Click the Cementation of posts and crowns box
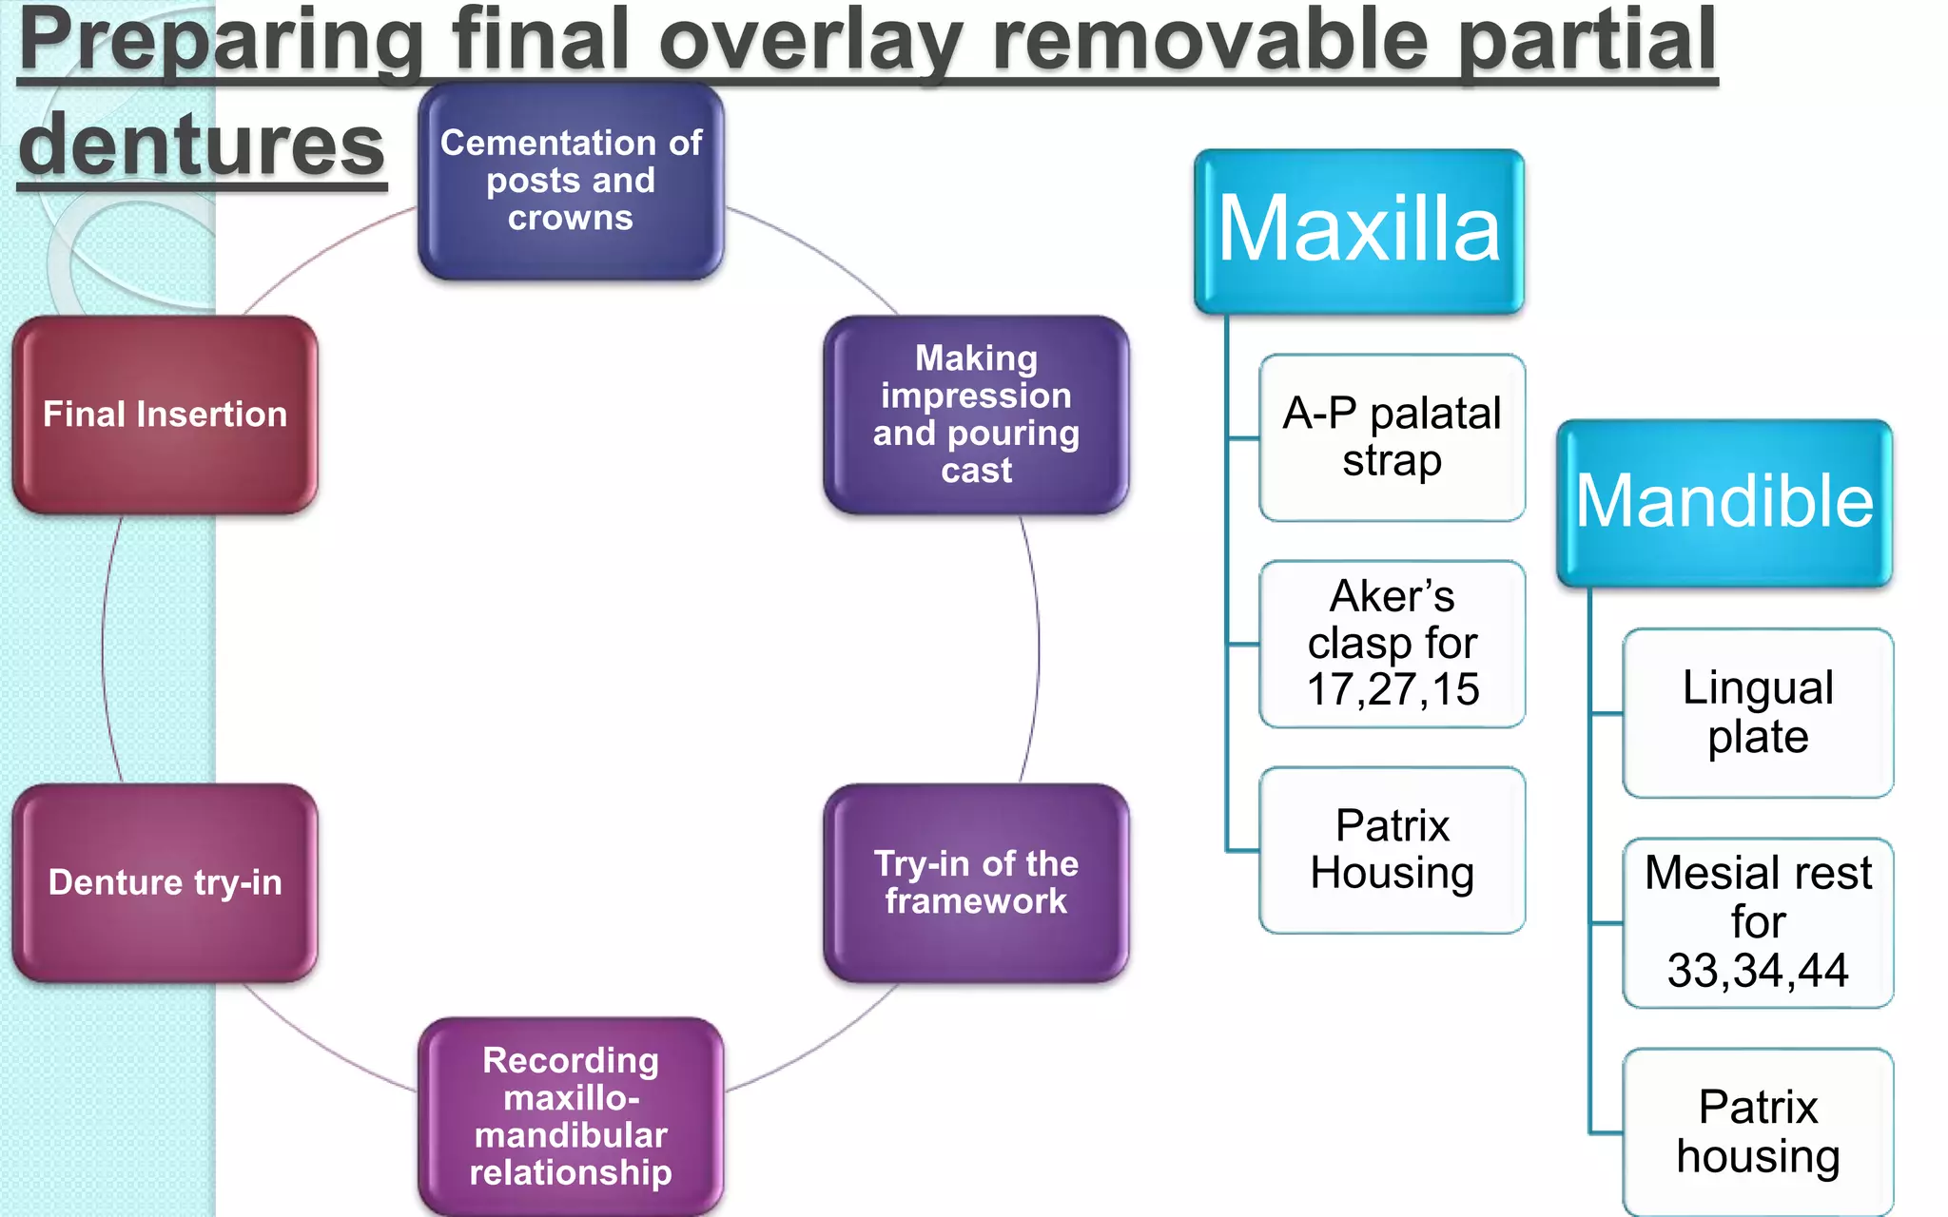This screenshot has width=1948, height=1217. pyautogui.click(x=571, y=181)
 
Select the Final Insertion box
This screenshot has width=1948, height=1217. pyautogui.click(x=166, y=415)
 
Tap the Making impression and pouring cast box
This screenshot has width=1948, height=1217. pyautogui.click(x=976, y=415)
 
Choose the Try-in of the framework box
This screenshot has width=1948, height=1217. pyautogui.click(x=976, y=882)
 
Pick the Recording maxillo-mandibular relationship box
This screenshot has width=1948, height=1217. pyautogui.click(x=571, y=1116)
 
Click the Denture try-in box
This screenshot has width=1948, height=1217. pyautogui.click(x=166, y=882)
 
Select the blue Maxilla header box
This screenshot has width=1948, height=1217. pyautogui.click(x=1358, y=230)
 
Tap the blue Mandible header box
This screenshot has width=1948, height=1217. pyautogui.click(x=1724, y=502)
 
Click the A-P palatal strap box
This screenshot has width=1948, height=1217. pyautogui.click(x=1392, y=437)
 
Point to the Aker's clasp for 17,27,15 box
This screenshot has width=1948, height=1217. pyautogui.click(x=1392, y=644)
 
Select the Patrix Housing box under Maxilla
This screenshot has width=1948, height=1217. pyautogui.click(x=1392, y=849)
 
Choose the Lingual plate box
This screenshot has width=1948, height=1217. pyautogui.click(x=1758, y=712)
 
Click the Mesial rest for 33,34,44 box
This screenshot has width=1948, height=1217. pyautogui.click(x=1758, y=922)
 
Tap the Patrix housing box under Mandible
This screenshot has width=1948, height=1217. pyautogui.click(x=1758, y=1131)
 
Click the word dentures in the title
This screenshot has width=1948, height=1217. pyautogui.click(x=202, y=145)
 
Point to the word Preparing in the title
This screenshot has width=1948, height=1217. pyautogui.click(x=221, y=40)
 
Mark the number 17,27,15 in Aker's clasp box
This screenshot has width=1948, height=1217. pyautogui.click(x=1393, y=689)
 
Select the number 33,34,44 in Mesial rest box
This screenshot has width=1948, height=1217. pyautogui.click(x=1758, y=971)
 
